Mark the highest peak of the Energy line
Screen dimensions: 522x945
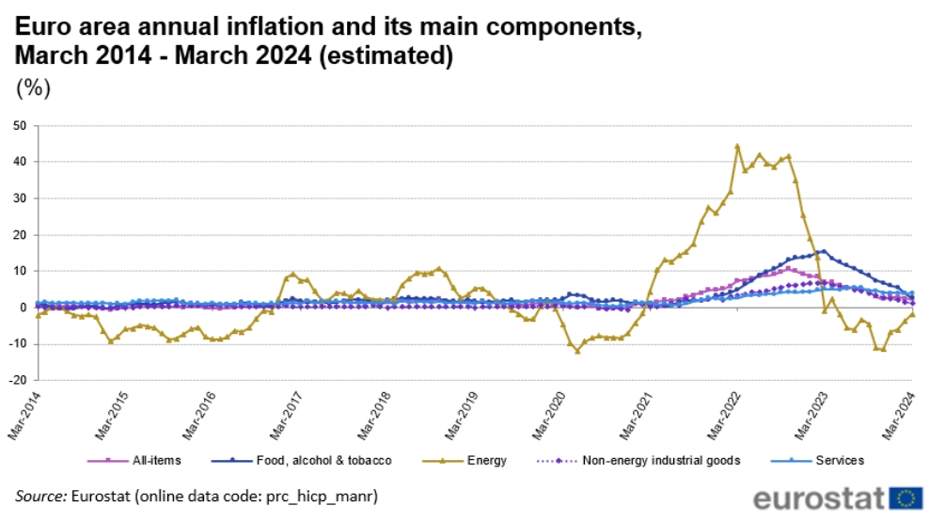737,146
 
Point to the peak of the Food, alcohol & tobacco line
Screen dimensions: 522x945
825,251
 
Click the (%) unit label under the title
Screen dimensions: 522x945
35,89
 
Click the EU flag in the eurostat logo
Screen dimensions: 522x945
906,498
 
